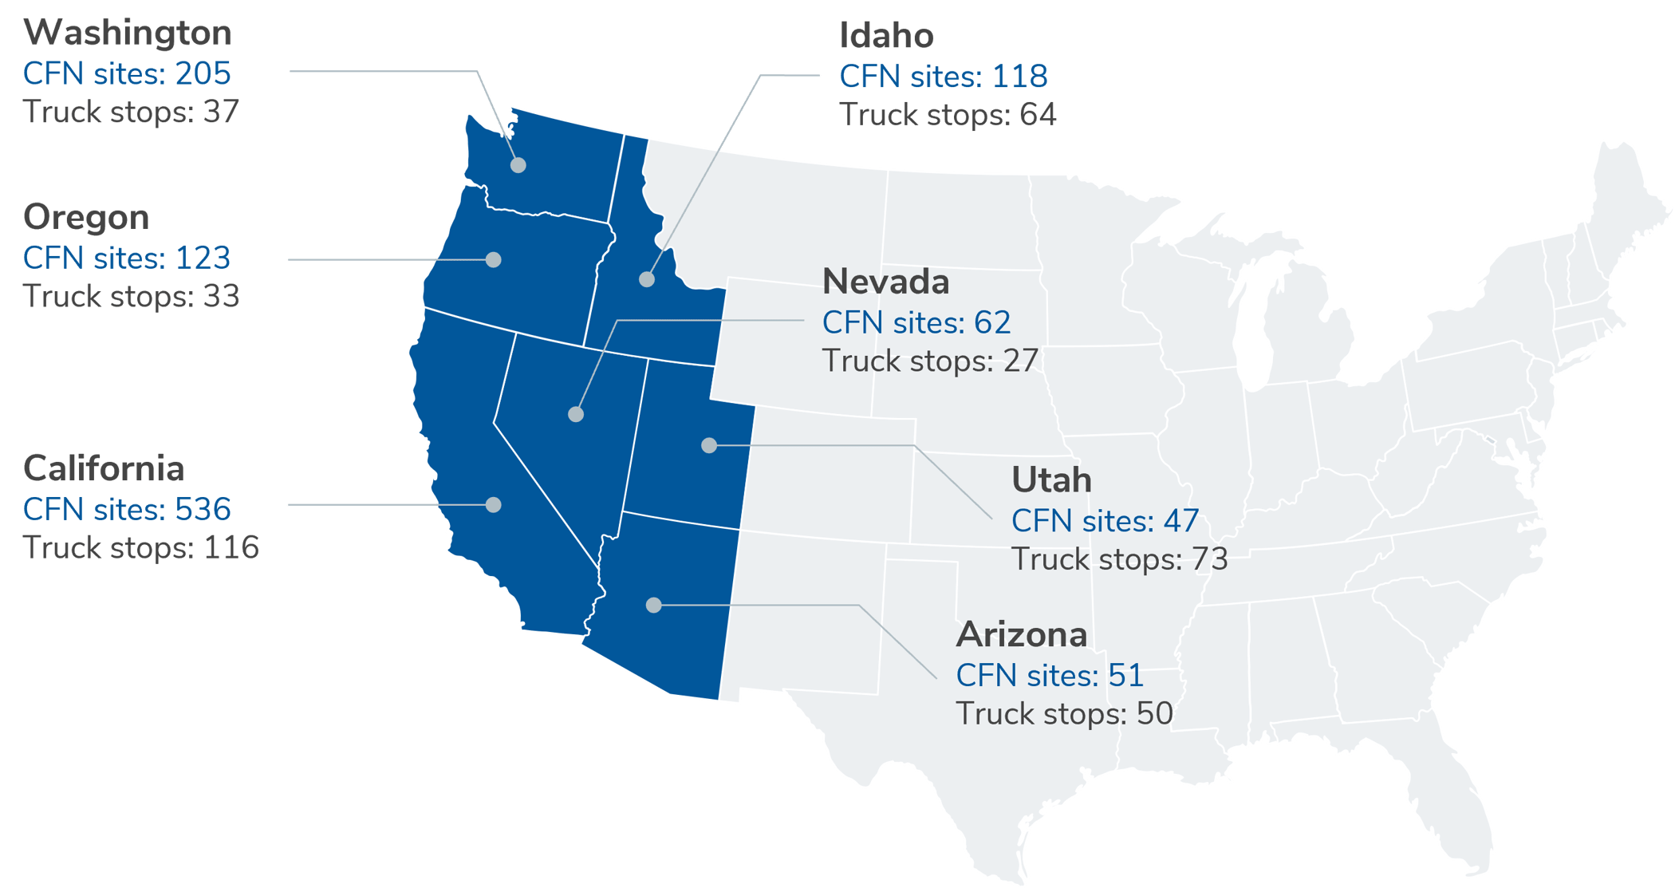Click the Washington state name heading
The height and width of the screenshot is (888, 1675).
click(x=128, y=34)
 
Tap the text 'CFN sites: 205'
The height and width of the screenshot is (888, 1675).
click(x=127, y=73)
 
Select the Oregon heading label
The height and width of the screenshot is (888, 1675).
click(x=86, y=217)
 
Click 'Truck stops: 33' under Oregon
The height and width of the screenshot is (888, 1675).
click(x=131, y=296)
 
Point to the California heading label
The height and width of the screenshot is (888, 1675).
click(x=104, y=468)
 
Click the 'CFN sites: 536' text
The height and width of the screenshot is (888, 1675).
click(x=127, y=509)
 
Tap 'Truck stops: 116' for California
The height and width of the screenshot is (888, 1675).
click(x=141, y=547)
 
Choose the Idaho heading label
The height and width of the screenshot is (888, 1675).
click(x=886, y=36)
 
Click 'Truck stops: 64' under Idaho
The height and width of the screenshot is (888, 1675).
click(x=948, y=115)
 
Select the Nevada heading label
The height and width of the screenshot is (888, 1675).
click(x=885, y=282)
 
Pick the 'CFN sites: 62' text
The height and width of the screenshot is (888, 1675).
click(x=916, y=322)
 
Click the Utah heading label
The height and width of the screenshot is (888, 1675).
click(x=1051, y=480)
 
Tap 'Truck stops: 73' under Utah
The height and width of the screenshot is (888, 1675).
click(x=1119, y=559)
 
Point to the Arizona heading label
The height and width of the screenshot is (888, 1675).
click(x=1021, y=634)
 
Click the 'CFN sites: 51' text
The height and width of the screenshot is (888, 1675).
click(x=1050, y=675)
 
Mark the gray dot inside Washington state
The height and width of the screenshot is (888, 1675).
click(x=518, y=165)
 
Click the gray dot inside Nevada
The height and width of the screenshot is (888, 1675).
click(x=576, y=414)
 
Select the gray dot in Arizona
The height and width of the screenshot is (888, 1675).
click(x=654, y=605)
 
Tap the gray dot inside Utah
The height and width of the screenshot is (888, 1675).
click(x=709, y=445)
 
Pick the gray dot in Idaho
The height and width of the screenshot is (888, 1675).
click(x=647, y=279)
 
